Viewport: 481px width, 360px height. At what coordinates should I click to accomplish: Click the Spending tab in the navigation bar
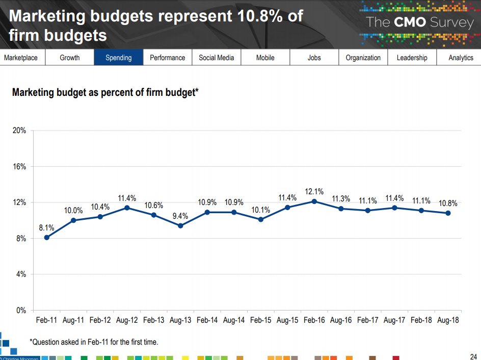[118, 58]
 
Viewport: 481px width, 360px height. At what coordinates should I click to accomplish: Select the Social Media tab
[216, 58]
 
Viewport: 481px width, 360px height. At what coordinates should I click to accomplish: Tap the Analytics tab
[461, 58]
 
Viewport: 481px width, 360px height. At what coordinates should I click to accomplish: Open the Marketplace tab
[21, 58]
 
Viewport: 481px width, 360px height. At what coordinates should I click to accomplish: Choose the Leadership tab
[412, 58]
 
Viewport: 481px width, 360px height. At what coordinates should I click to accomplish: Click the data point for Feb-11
[47, 237]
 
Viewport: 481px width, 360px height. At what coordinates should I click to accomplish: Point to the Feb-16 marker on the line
[314, 201]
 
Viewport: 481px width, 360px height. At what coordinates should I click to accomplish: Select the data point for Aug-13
[180, 225]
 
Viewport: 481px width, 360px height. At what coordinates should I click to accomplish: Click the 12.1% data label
[314, 192]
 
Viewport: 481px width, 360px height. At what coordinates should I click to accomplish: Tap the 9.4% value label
[180, 216]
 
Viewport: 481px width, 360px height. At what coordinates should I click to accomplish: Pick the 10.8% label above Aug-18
[448, 203]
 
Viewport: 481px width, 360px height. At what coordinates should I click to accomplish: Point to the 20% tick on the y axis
[19, 131]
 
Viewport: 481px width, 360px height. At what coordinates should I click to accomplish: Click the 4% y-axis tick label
[21, 274]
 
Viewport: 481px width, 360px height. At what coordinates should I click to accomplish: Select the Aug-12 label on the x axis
[127, 321]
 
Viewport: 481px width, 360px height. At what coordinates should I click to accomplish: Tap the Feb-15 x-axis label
[260, 321]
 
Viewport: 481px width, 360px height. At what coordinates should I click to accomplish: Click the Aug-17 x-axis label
[394, 321]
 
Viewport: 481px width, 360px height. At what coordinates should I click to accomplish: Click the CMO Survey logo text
[420, 22]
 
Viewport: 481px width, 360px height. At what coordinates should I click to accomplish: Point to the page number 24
[473, 356]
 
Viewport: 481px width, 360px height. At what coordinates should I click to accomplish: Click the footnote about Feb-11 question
[94, 342]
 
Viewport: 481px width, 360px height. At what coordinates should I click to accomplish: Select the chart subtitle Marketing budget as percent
[105, 92]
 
